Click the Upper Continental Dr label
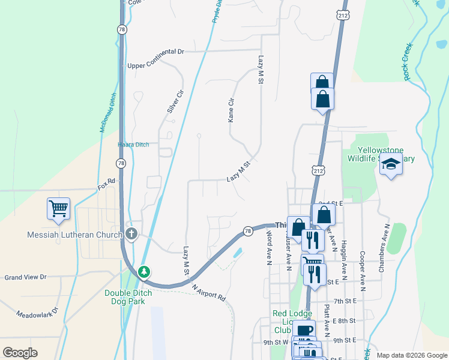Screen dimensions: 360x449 (155, 52)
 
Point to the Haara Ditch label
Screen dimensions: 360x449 (133, 145)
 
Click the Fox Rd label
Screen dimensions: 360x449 (106, 181)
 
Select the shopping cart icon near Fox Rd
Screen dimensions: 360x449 (59, 209)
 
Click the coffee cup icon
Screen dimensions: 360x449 (304, 329)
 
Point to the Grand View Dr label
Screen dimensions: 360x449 (25, 277)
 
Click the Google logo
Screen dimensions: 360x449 (20, 353)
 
